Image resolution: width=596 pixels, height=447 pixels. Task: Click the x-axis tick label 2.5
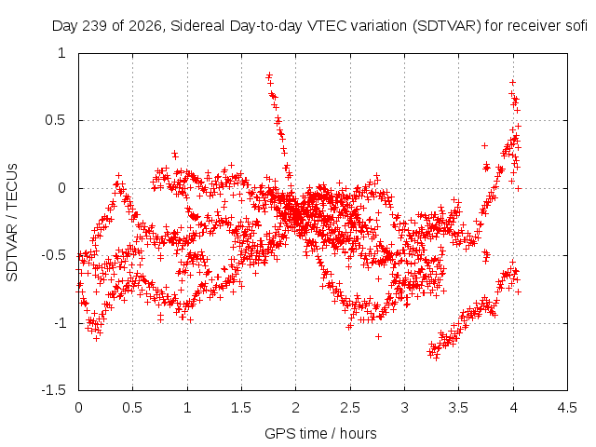tap(350, 408)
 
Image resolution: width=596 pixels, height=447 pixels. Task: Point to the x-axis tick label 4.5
tap(567, 408)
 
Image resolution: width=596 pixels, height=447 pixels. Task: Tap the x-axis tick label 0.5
tap(132, 408)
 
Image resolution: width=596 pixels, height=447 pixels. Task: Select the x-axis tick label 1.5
tap(241, 408)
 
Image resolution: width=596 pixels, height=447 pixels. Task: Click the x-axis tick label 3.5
tap(458, 408)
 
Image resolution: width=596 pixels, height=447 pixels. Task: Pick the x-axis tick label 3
tap(404, 408)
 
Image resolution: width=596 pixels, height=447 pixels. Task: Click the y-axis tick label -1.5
tap(54, 390)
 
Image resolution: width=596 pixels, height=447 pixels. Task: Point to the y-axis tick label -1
tap(60, 323)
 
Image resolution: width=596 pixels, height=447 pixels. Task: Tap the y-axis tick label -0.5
tap(54, 255)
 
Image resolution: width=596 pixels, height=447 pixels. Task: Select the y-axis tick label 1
tap(62, 53)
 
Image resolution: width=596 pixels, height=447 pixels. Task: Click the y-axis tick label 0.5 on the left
tap(56, 120)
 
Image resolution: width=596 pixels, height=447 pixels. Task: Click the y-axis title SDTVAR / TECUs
tap(12, 223)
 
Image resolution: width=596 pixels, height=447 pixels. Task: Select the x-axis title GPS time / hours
tap(320, 434)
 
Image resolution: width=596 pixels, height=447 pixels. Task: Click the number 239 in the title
tap(95, 26)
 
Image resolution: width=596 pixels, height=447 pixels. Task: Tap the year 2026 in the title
tap(145, 27)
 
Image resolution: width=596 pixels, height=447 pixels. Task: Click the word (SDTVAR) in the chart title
tap(447, 27)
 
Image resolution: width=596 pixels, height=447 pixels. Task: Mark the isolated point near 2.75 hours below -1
tap(378, 337)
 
